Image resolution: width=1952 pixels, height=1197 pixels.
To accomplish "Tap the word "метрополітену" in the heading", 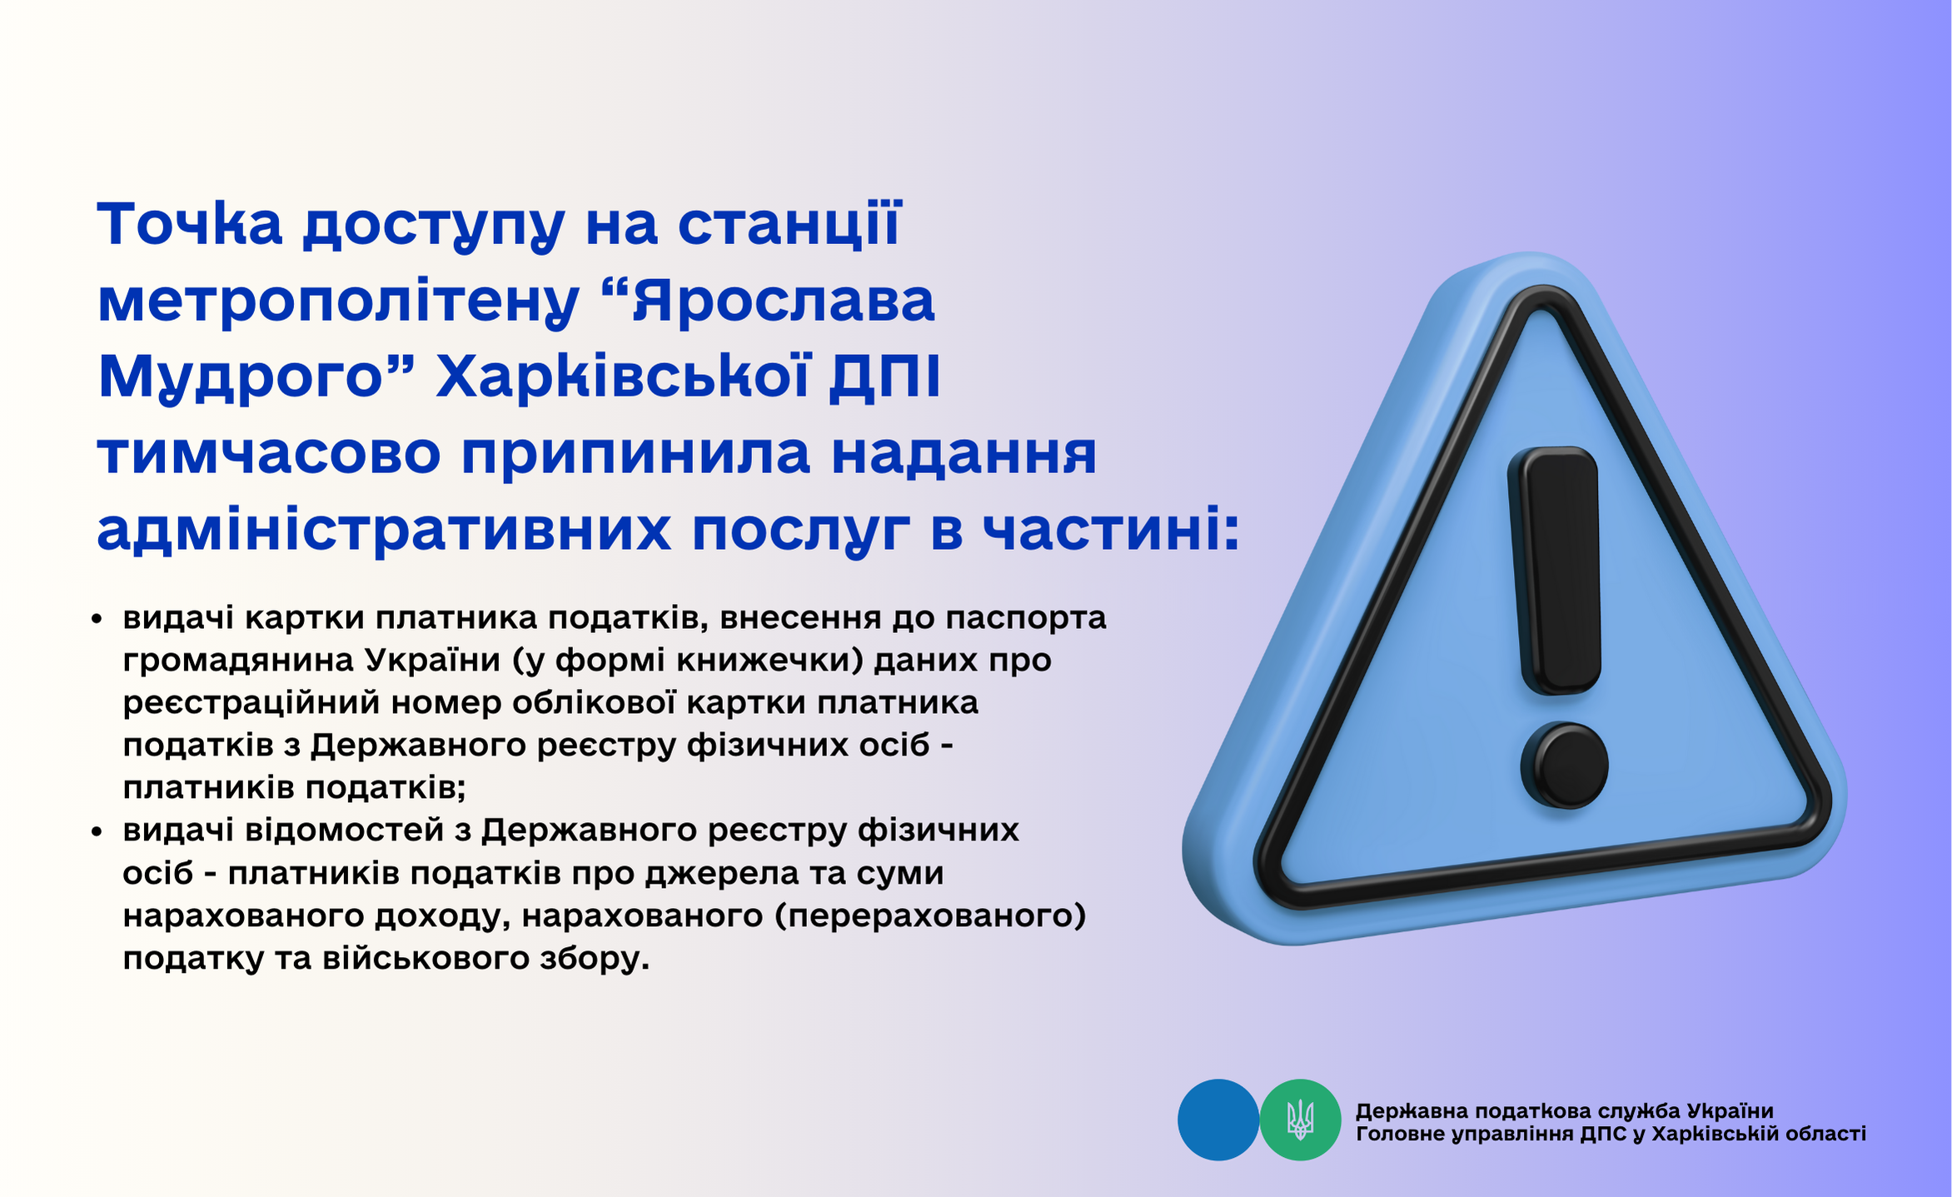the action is pyautogui.click(x=339, y=302).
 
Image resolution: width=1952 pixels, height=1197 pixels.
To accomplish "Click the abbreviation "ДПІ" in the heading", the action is pyautogui.click(x=884, y=377).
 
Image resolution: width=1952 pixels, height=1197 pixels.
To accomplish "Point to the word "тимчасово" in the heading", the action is pyautogui.click(x=269, y=454).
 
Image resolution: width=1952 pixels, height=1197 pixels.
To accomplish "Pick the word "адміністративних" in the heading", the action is pyautogui.click(x=384, y=531).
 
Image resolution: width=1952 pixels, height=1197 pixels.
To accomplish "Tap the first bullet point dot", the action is pyautogui.click(x=97, y=619).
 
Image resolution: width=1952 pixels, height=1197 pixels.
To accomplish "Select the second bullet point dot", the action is pyautogui.click(x=97, y=831).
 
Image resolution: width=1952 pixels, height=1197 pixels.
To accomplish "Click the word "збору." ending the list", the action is pyautogui.click(x=595, y=959).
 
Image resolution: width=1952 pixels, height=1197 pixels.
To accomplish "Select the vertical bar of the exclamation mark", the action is pyautogui.click(x=1556, y=571).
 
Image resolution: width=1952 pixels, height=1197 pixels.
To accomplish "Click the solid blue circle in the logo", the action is pyautogui.click(x=1218, y=1120).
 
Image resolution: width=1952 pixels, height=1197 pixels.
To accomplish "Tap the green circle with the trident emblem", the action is pyautogui.click(x=1300, y=1120).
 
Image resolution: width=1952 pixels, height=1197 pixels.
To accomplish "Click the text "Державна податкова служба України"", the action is pyautogui.click(x=1565, y=1110).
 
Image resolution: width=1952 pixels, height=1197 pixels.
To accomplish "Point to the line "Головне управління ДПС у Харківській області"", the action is pyautogui.click(x=1611, y=1134).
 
